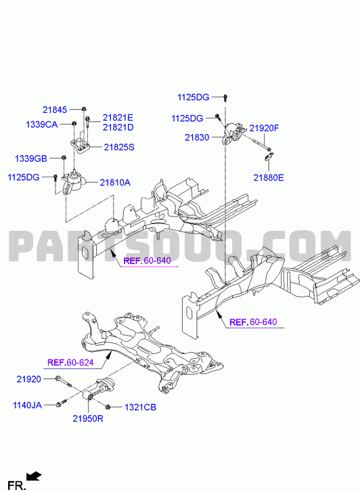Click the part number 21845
(55, 110)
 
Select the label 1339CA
(42, 125)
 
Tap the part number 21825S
(119, 147)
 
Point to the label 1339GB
(31, 158)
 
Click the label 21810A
(115, 182)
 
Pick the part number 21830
(197, 137)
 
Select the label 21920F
(265, 128)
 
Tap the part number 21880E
(269, 177)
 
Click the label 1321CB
(140, 407)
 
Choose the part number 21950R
(88, 419)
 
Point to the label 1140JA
(27, 405)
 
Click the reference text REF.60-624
(70, 363)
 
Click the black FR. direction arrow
(35, 476)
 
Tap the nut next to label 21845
(84, 109)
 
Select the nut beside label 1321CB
(108, 407)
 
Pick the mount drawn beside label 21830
(233, 135)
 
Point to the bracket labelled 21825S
(81, 146)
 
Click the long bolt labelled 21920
(63, 380)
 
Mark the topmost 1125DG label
(194, 97)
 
